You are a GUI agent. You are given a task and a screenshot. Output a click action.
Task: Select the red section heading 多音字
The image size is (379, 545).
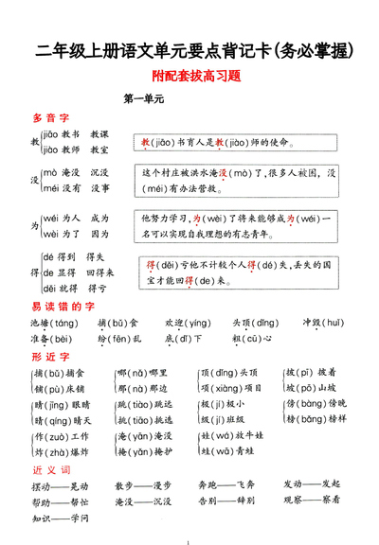[51, 118]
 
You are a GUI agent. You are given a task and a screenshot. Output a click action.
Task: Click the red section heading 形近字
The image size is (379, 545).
[51, 357]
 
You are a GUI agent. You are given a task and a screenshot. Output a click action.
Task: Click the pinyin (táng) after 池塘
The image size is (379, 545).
[68, 323]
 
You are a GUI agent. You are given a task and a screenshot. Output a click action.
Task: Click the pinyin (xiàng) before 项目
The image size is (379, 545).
[225, 388]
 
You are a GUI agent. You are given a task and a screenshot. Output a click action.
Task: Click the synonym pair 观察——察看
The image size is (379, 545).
[312, 501]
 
